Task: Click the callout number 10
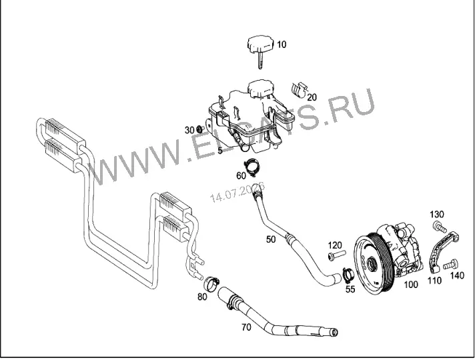282,45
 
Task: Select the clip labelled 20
298,89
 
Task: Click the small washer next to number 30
199,129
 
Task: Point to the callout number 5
220,150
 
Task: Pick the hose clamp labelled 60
252,167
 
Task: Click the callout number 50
271,239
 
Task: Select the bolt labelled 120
336,255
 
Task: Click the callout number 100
411,285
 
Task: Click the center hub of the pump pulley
370,265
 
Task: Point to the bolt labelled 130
440,227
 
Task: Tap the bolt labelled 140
450,264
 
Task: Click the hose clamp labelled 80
211,283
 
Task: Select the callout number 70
246,327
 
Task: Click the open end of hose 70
334,333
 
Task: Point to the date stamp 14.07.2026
238,193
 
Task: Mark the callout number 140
457,275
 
